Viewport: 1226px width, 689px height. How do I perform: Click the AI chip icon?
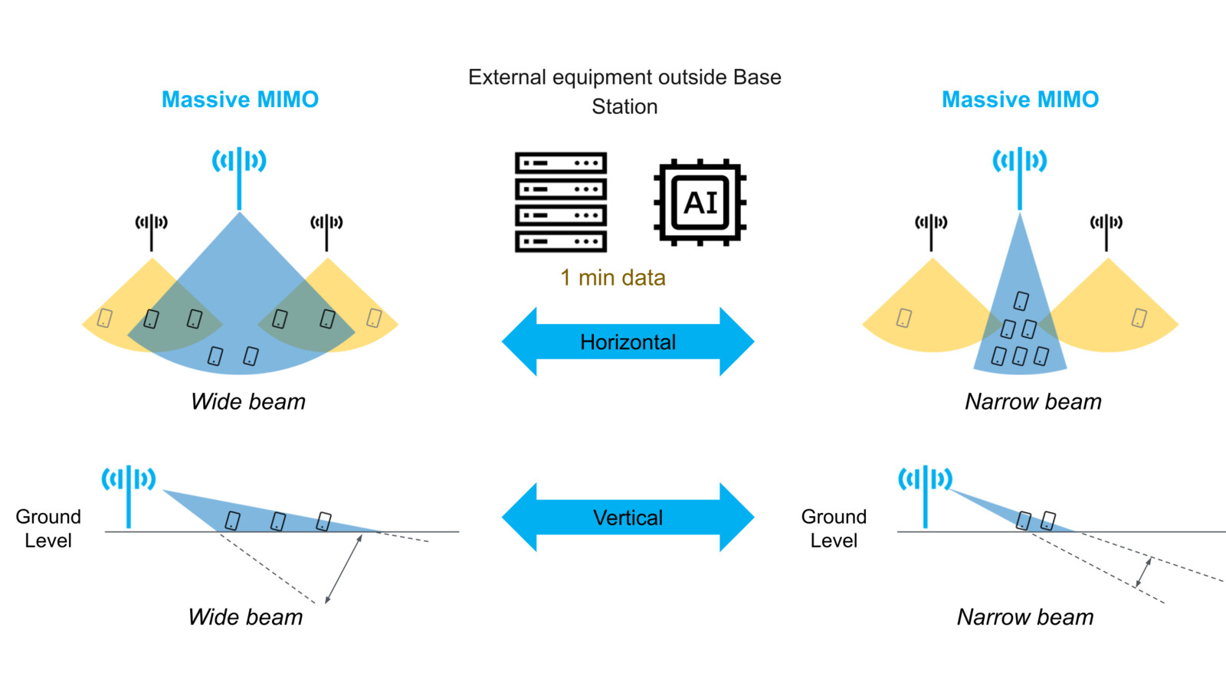point(700,203)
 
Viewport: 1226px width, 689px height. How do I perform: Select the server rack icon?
point(561,202)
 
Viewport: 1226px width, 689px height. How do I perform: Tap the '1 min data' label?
point(612,277)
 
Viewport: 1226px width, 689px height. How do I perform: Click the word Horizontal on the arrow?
point(628,341)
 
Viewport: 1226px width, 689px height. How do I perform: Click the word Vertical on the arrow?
point(628,518)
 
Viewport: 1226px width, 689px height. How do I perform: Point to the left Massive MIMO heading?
point(240,100)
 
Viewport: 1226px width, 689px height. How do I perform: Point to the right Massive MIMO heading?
point(1020,100)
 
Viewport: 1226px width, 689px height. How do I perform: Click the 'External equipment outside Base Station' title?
point(624,91)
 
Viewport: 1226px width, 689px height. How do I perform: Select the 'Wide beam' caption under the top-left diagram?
point(247,401)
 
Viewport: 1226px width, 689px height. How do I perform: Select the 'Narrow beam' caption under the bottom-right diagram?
point(1024,617)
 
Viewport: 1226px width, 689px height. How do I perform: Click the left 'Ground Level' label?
point(48,528)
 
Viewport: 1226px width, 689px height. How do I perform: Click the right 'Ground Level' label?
point(834,528)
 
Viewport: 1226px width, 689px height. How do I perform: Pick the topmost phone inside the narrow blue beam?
point(1021,300)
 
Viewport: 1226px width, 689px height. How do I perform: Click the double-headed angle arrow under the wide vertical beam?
point(343,570)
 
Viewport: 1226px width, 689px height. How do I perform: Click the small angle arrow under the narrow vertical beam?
point(1143,572)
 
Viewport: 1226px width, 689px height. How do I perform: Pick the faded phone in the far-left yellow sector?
point(105,317)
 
